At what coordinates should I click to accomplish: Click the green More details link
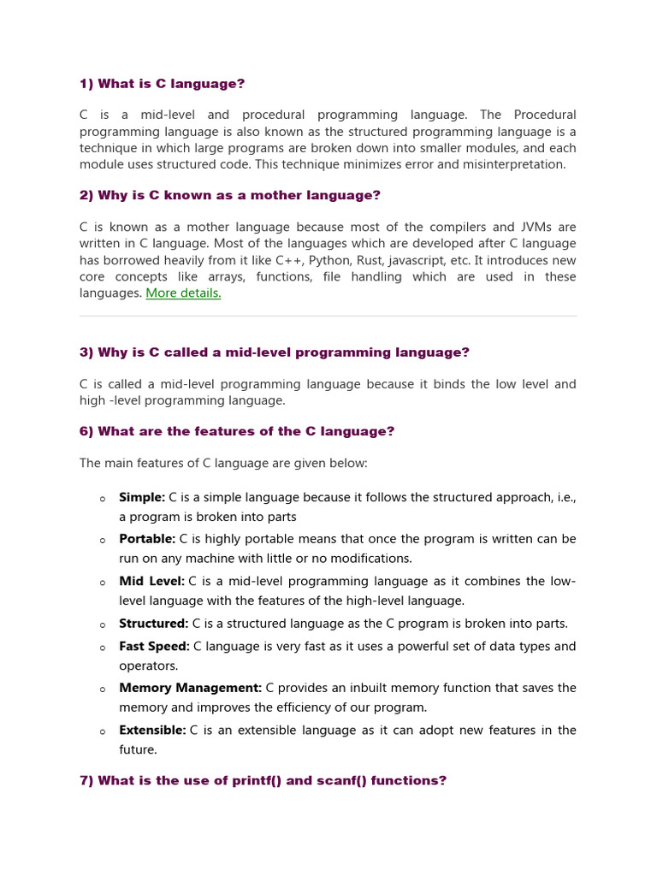tap(183, 293)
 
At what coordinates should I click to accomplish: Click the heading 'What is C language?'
tap(162, 83)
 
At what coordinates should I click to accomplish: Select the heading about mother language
tap(230, 195)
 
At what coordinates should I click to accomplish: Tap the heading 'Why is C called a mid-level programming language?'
tap(275, 352)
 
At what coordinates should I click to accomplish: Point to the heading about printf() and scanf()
tap(263, 780)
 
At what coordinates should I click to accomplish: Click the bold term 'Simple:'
tap(142, 497)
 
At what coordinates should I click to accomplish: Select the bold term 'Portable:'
tap(147, 539)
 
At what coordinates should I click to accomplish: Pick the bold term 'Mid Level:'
tap(151, 581)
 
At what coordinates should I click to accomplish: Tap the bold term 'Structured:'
tap(154, 624)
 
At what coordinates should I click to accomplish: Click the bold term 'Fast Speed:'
tap(154, 646)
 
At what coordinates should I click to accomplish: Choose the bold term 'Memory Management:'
tap(191, 688)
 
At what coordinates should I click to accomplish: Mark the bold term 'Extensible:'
tap(152, 730)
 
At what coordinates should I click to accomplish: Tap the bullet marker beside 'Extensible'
tap(102, 731)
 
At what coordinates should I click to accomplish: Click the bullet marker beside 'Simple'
tap(102, 499)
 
